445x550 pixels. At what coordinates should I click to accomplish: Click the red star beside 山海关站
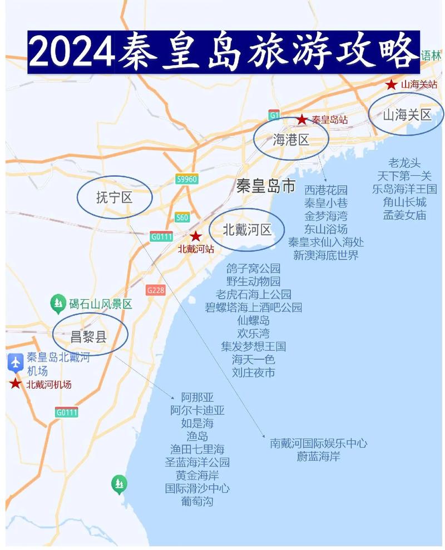point(392,85)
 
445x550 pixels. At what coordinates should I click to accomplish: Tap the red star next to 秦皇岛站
point(301,119)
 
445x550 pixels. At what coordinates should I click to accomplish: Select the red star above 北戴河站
point(196,236)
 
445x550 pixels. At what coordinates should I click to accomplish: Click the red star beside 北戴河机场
point(15,384)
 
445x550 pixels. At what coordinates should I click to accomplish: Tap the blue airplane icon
point(15,363)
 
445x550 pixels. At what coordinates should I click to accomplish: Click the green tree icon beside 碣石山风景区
point(57,304)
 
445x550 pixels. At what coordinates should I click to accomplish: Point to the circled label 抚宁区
point(115,197)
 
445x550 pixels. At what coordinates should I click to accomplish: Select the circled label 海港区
point(291,140)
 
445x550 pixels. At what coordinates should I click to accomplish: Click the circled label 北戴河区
point(247,229)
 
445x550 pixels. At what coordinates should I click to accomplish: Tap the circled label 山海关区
point(407,115)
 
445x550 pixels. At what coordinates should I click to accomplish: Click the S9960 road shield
point(187,179)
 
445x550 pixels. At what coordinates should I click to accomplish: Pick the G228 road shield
point(156,290)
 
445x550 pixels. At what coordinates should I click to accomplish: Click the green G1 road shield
point(274,115)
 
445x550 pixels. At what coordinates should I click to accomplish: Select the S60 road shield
point(182,217)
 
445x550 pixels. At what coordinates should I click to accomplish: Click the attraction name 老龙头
point(404,163)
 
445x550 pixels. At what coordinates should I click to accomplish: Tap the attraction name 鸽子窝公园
point(253,269)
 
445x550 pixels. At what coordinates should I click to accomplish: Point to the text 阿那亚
point(197,398)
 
